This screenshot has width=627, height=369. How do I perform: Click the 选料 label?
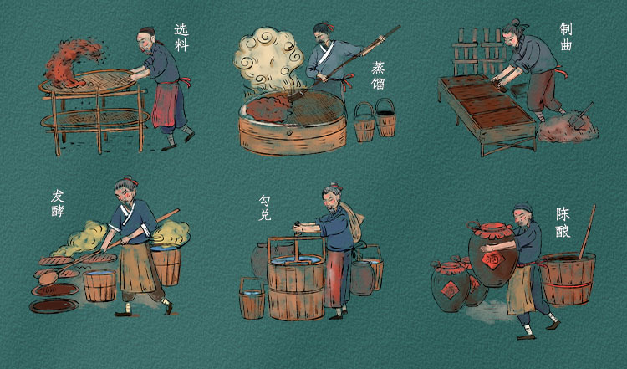coord(181,37)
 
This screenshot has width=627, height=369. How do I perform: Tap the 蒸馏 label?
coord(378,75)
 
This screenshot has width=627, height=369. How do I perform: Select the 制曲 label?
coord(566,37)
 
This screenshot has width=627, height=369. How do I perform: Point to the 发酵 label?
coord(58,203)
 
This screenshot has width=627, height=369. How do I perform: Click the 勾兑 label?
coord(265,207)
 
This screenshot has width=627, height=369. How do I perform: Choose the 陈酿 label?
coord(563,223)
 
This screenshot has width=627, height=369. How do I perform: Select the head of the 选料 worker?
coord(146,38)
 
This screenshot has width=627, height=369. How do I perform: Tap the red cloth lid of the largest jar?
coord(492,230)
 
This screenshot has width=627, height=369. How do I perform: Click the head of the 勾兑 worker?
coord(333,197)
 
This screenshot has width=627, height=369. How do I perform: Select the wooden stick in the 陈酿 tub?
coord(587,231)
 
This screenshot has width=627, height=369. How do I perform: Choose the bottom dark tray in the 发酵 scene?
coord(54,305)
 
